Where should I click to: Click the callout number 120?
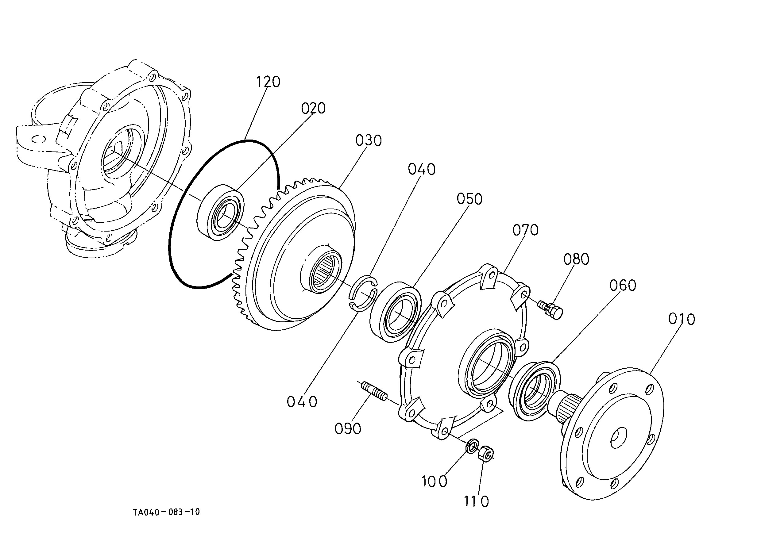(x=268, y=82)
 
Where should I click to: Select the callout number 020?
(x=313, y=108)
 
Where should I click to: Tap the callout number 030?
(x=368, y=140)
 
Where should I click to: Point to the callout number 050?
(x=469, y=199)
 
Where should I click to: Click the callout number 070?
(x=525, y=230)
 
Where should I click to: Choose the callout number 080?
(x=576, y=259)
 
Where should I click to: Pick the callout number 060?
(x=623, y=285)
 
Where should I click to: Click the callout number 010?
(x=682, y=319)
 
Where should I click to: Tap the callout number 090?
(x=348, y=429)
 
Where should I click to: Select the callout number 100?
(x=434, y=482)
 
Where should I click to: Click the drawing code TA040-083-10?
(x=166, y=512)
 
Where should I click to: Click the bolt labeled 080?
(x=551, y=309)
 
